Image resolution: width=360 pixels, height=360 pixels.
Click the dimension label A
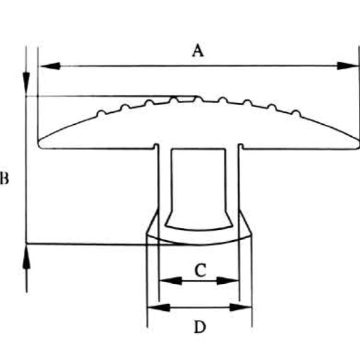pyautogui.click(x=198, y=51)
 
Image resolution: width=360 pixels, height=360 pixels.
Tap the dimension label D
pyautogui.click(x=200, y=327)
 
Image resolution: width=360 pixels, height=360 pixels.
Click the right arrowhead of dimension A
pyautogui.click(x=346, y=65)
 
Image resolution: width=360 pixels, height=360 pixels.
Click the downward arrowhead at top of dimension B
pyautogui.click(x=26, y=84)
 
